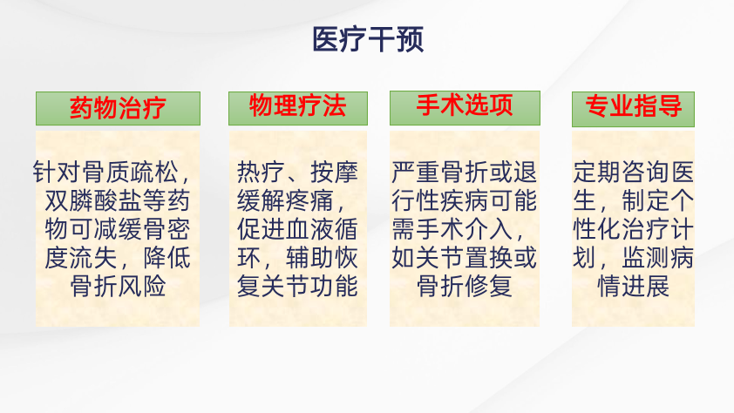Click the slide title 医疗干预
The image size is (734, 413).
[368, 39]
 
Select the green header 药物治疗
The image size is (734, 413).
[118, 109]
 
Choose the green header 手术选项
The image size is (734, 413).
[465, 108]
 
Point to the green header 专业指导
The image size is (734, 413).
[634, 109]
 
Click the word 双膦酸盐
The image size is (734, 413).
[93, 201]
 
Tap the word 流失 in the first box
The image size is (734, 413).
[93, 258]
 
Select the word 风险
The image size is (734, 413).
[142, 287]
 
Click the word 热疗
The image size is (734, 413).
[262, 173]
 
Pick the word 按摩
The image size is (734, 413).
[334, 173]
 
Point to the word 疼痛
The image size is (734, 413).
[309, 201]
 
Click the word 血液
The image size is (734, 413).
[309, 229]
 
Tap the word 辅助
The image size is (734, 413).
[309, 258]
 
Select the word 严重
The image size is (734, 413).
[416, 173]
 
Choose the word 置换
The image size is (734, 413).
[489, 258]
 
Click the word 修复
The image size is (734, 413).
[489, 287]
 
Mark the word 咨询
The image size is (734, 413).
[646, 173]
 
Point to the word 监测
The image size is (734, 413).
[646, 258]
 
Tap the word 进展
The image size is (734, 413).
[646, 287]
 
